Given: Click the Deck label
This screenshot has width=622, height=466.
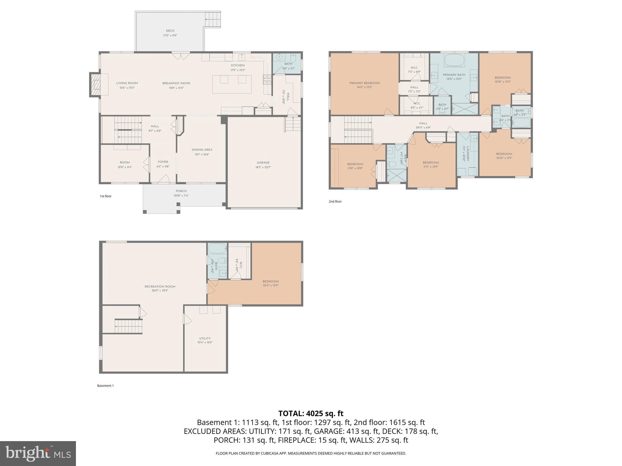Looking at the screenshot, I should [x=170, y=31].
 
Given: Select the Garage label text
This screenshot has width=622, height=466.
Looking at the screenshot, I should [x=263, y=163].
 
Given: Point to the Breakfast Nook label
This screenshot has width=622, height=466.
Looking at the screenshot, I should [x=176, y=83].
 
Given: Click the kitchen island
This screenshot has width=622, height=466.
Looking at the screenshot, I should [x=232, y=84].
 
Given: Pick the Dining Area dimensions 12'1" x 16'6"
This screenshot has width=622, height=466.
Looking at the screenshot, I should [x=202, y=154].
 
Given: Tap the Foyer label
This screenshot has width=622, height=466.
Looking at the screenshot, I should [x=163, y=162].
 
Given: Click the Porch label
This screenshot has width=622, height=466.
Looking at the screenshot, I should [x=181, y=191].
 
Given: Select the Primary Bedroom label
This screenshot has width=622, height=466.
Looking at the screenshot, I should [x=364, y=83].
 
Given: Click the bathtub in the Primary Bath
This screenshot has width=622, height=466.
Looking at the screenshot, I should [x=454, y=60].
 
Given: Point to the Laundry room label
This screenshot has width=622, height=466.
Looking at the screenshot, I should [x=468, y=153].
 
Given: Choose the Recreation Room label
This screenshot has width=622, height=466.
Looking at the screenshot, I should [x=160, y=286].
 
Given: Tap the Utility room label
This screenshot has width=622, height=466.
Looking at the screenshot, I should [x=205, y=338].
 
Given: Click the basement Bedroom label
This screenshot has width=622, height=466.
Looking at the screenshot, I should [x=270, y=282].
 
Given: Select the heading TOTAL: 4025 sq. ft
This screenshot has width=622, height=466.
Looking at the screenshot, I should [x=311, y=413].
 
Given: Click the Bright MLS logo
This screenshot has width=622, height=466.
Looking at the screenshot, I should [x=38, y=453].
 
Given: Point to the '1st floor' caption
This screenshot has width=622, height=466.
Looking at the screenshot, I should [x=106, y=196].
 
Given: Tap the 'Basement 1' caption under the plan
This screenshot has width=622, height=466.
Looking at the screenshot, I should [x=105, y=386].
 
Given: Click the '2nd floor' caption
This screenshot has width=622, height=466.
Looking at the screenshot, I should [x=335, y=201].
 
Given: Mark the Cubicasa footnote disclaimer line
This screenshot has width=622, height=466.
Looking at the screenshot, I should [x=311, y=453].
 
